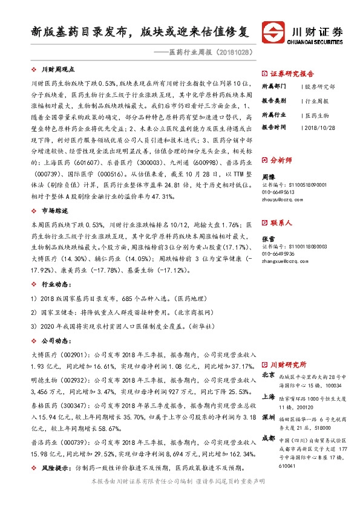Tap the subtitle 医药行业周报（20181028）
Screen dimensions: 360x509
click(x=209, y=53)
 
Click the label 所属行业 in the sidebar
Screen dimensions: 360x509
click(x=273, y=114)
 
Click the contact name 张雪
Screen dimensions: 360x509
click(x=267, y=239)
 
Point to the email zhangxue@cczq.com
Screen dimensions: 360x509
click(x=286, y=261)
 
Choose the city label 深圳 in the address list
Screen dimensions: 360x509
click(x=269, y=418)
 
